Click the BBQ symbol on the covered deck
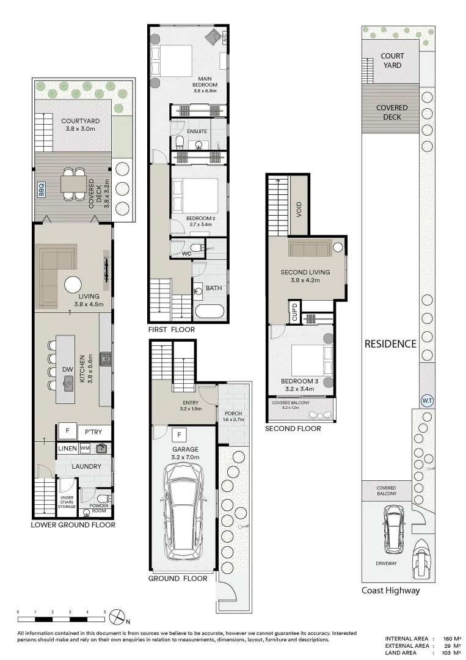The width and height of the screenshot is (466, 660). tap(42, 187)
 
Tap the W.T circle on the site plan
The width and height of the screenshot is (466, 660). tap(427, 401)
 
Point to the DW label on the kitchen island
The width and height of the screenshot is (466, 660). tap(67, 369)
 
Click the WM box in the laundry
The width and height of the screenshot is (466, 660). tap(85, 449)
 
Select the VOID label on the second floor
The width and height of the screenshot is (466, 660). tap(299, 210)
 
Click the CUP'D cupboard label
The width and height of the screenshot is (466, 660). tap(294, 312)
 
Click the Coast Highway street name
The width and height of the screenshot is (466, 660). tap(390, 590)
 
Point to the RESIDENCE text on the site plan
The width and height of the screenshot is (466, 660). tap(390, 343)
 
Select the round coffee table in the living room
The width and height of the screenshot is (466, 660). tap(74, 285)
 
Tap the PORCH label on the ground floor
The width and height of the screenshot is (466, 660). tap(234, 414)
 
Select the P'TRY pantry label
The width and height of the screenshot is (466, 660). tap(93, 432)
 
